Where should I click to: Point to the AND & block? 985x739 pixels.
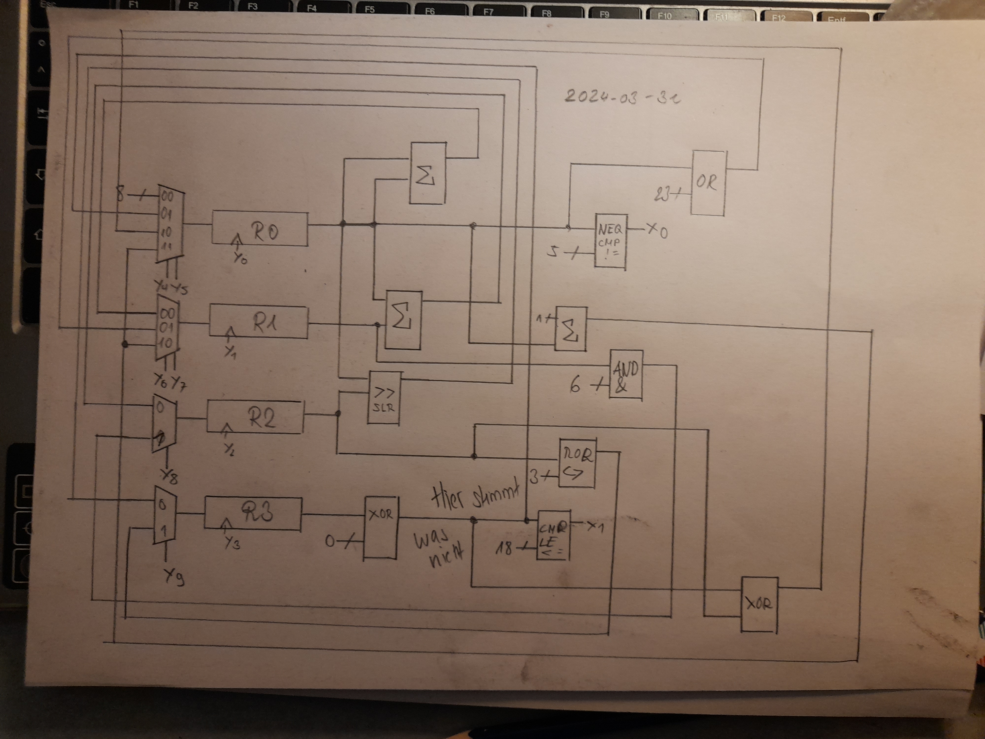coord(626,375)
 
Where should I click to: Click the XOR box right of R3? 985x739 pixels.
coord(381,527)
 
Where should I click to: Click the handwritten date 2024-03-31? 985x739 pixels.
coord(623,96)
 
